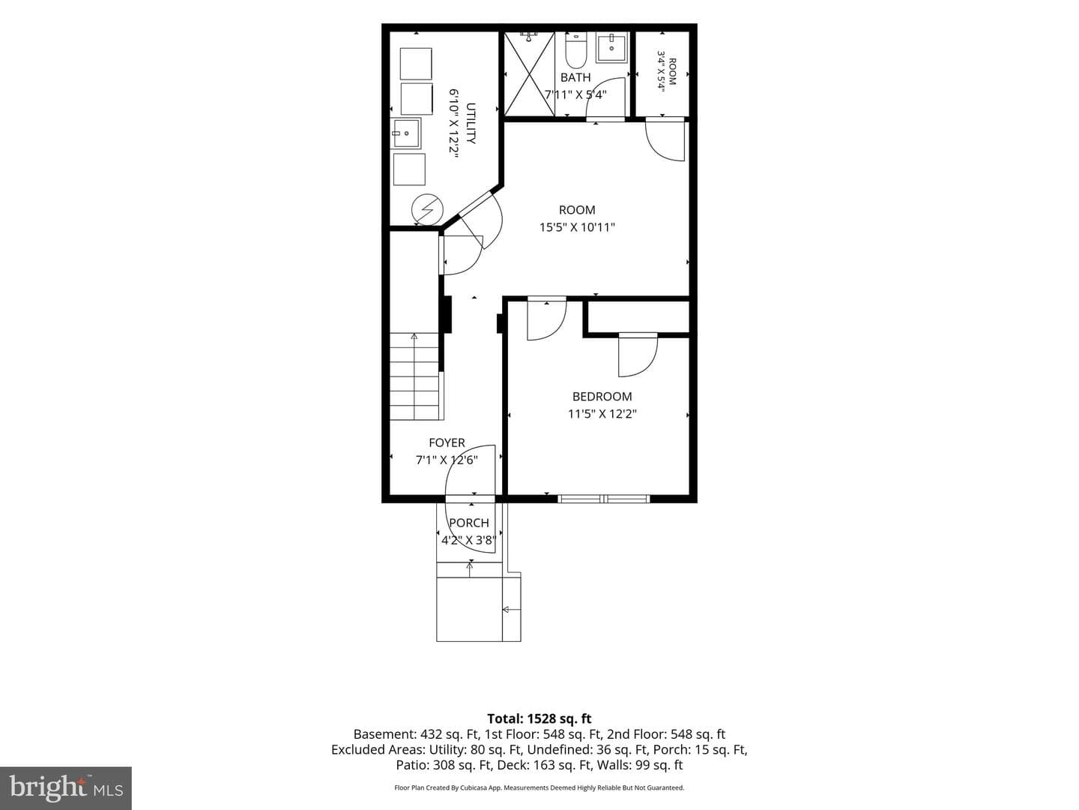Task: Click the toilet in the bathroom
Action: (575, 50)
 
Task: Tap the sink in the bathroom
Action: (611, 47)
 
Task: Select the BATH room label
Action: (575, 77)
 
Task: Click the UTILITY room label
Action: (471, 123)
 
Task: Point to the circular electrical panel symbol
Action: (427, 210)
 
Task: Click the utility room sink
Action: (405, 133)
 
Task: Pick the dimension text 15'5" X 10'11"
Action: (577, 227)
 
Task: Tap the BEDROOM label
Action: (602, 397)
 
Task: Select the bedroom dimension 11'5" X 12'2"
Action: (602, 414)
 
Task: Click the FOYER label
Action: (447, 442)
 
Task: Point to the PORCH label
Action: (469, 523)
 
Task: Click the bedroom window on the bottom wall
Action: (604, 499)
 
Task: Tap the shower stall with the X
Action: (530, 74)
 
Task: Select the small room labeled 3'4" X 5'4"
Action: (662, 73)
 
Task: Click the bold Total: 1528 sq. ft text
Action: (539, 718)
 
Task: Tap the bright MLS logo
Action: (66, 787)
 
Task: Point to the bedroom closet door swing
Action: (638, 355)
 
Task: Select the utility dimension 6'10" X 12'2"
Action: (453, 123)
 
